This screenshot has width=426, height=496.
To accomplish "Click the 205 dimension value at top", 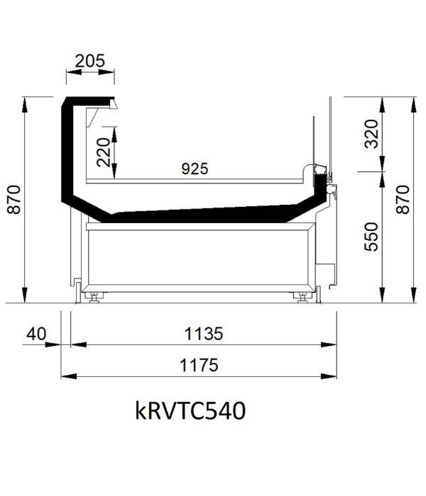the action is [x=89, y=61].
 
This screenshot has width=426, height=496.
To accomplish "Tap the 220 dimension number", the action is [x=104, y=152].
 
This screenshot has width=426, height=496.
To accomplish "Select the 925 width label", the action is [x=195, y=169].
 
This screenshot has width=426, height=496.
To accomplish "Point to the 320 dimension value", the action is [x=371, y=134].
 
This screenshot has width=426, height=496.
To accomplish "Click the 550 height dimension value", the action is [x=371, y=237].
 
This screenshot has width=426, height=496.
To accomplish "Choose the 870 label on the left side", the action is [x=14, y=200].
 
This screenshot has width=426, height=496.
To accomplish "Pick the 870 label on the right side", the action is [x=403, y=200].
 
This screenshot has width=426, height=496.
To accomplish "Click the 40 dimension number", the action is [x=36, y=334].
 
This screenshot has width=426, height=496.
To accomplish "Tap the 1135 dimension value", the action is [x=204, y=334].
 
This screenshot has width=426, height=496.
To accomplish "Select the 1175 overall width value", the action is [x=199, y=365].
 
